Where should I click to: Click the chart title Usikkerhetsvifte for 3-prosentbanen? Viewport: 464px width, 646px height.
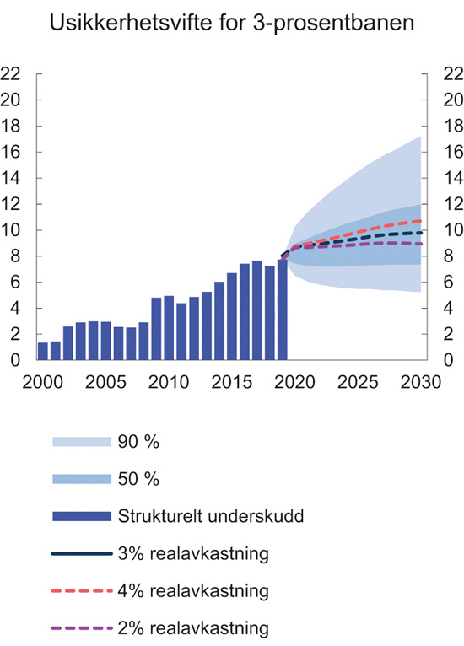click(x=232, y=24)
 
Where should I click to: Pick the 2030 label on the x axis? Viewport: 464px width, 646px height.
click(x=421, y=381)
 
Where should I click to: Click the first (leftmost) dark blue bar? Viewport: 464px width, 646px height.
click(x=43, y=351)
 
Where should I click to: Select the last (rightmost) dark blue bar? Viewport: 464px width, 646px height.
click(x=283, y=310)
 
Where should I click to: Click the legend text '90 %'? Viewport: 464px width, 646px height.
click(x=139, y=441)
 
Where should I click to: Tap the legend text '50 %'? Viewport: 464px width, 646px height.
click(x=139, y=479)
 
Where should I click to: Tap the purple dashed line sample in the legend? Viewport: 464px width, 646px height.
click(x=81, y=628)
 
